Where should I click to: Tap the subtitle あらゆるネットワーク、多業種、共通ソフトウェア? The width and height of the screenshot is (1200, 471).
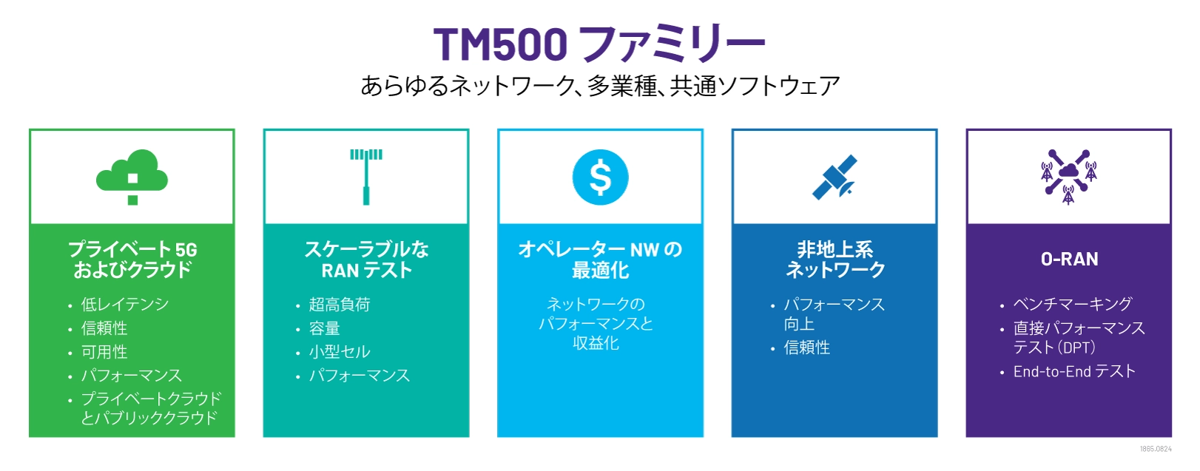point(600,87)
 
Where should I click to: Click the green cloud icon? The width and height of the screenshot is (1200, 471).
point(132,176)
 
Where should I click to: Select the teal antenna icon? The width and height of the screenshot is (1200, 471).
point(366,176)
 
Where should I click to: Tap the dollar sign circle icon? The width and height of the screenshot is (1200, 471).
point(600,177)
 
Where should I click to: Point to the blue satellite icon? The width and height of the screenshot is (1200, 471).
point(835,177)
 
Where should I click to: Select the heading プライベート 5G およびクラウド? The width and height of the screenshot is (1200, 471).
point(132,260)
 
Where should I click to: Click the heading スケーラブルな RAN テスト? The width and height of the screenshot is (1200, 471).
point(366,260)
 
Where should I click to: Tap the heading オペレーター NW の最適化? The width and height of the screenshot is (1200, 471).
point(600,260)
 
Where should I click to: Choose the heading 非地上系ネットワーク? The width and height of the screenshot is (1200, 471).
point(835,260)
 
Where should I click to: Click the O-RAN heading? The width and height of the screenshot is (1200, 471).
point(1069,260)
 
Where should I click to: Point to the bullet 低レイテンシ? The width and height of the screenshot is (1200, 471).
point(125,305)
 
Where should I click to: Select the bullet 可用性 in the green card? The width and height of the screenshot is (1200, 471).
point(104,352)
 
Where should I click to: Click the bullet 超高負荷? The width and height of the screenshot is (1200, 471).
point(340,305)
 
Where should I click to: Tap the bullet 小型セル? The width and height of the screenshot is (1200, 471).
point(340,352)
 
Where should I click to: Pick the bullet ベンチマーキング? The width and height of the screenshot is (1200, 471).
point(1072,304)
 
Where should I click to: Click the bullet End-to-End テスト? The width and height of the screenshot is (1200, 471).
point(1073,371)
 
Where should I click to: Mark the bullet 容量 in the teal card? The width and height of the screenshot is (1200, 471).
point(325,328)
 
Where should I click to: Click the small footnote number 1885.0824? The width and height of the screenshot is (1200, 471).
point(1156,449)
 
